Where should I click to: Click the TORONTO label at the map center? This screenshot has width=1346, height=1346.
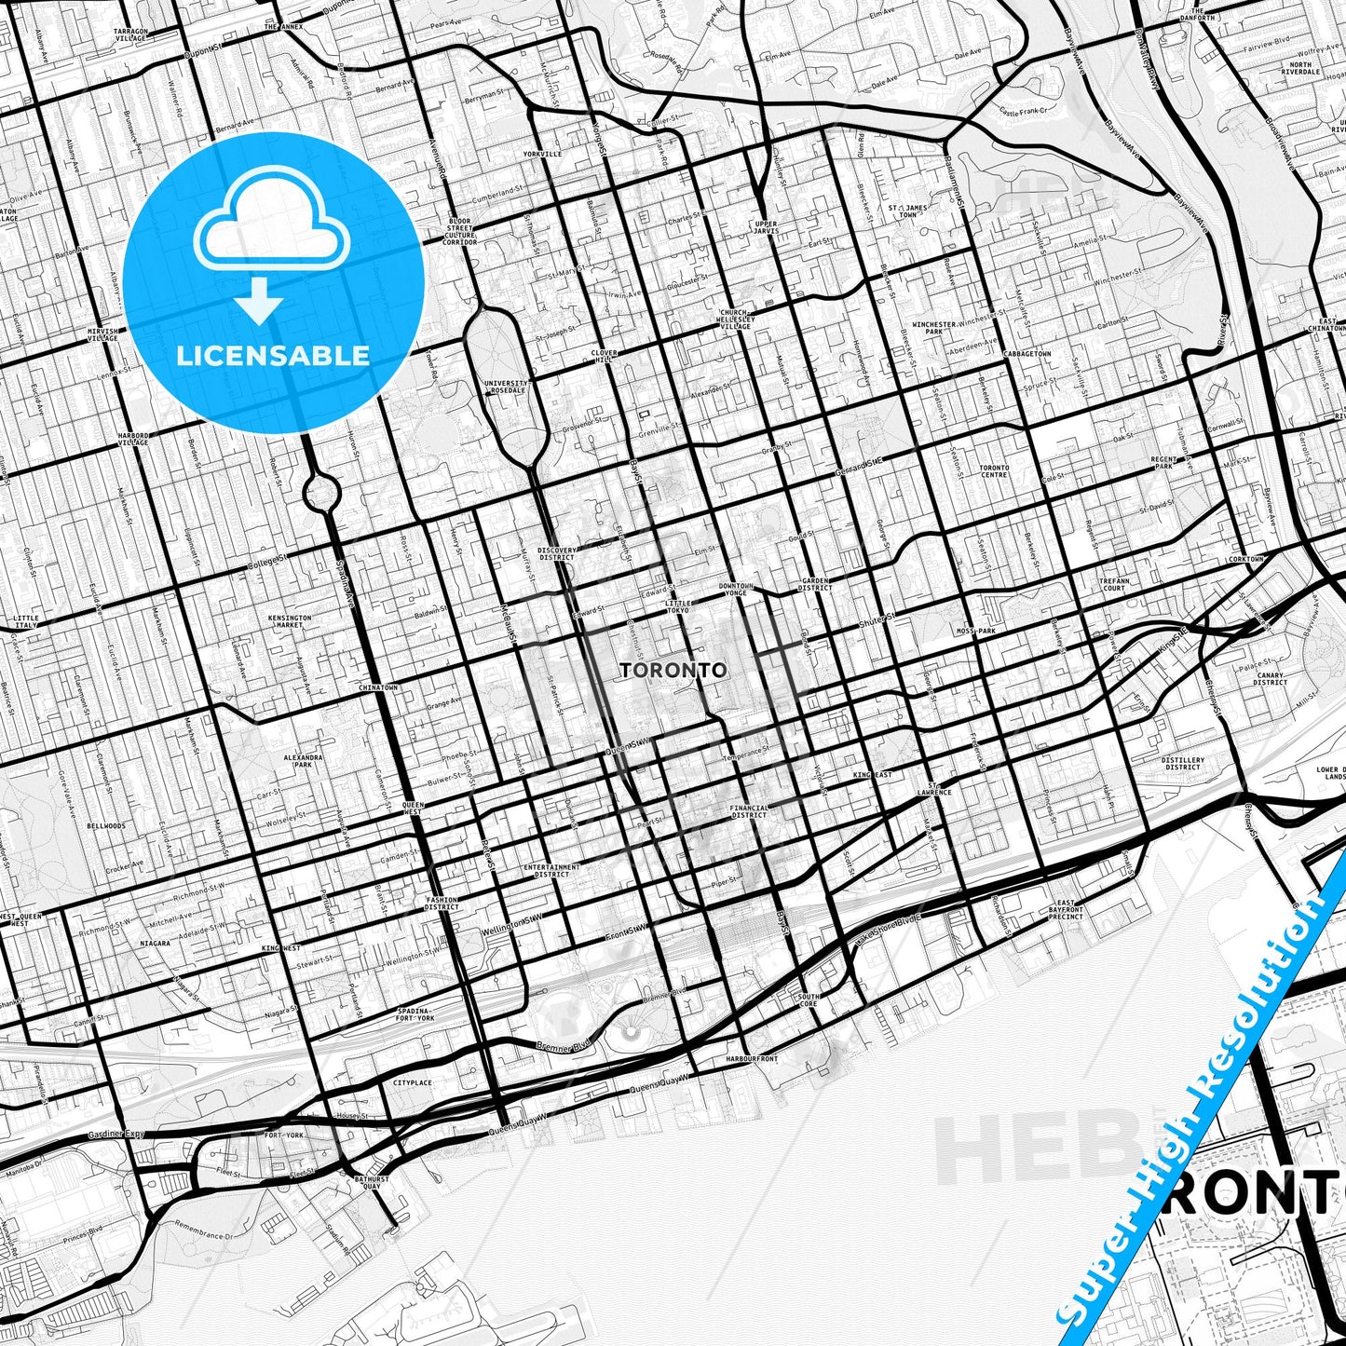click(673, 670)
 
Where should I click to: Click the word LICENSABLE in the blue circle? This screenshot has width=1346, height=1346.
click(273, 355)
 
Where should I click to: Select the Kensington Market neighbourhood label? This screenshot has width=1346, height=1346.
click(289, 621)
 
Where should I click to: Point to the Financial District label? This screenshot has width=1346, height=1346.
click(749, 811)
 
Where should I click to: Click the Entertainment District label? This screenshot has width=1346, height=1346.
click(551, 870)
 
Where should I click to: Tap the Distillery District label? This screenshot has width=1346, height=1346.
click(1183, 763)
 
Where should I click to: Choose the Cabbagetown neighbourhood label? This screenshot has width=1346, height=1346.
click(1026, 354)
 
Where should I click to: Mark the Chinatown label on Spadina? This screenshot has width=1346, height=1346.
click(378, 687)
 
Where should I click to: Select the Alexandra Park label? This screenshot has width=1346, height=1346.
click(303, 761)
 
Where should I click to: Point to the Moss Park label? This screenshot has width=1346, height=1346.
click(976, 631)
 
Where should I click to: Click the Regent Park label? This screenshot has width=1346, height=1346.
click(1163, 463)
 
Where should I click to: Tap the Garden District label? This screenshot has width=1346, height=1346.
click(815, 584)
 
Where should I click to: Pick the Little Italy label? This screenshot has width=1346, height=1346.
click(26, 621)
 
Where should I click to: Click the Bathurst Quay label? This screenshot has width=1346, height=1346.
click(371, 1183)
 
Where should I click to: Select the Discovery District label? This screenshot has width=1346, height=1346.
click(557, 554)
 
